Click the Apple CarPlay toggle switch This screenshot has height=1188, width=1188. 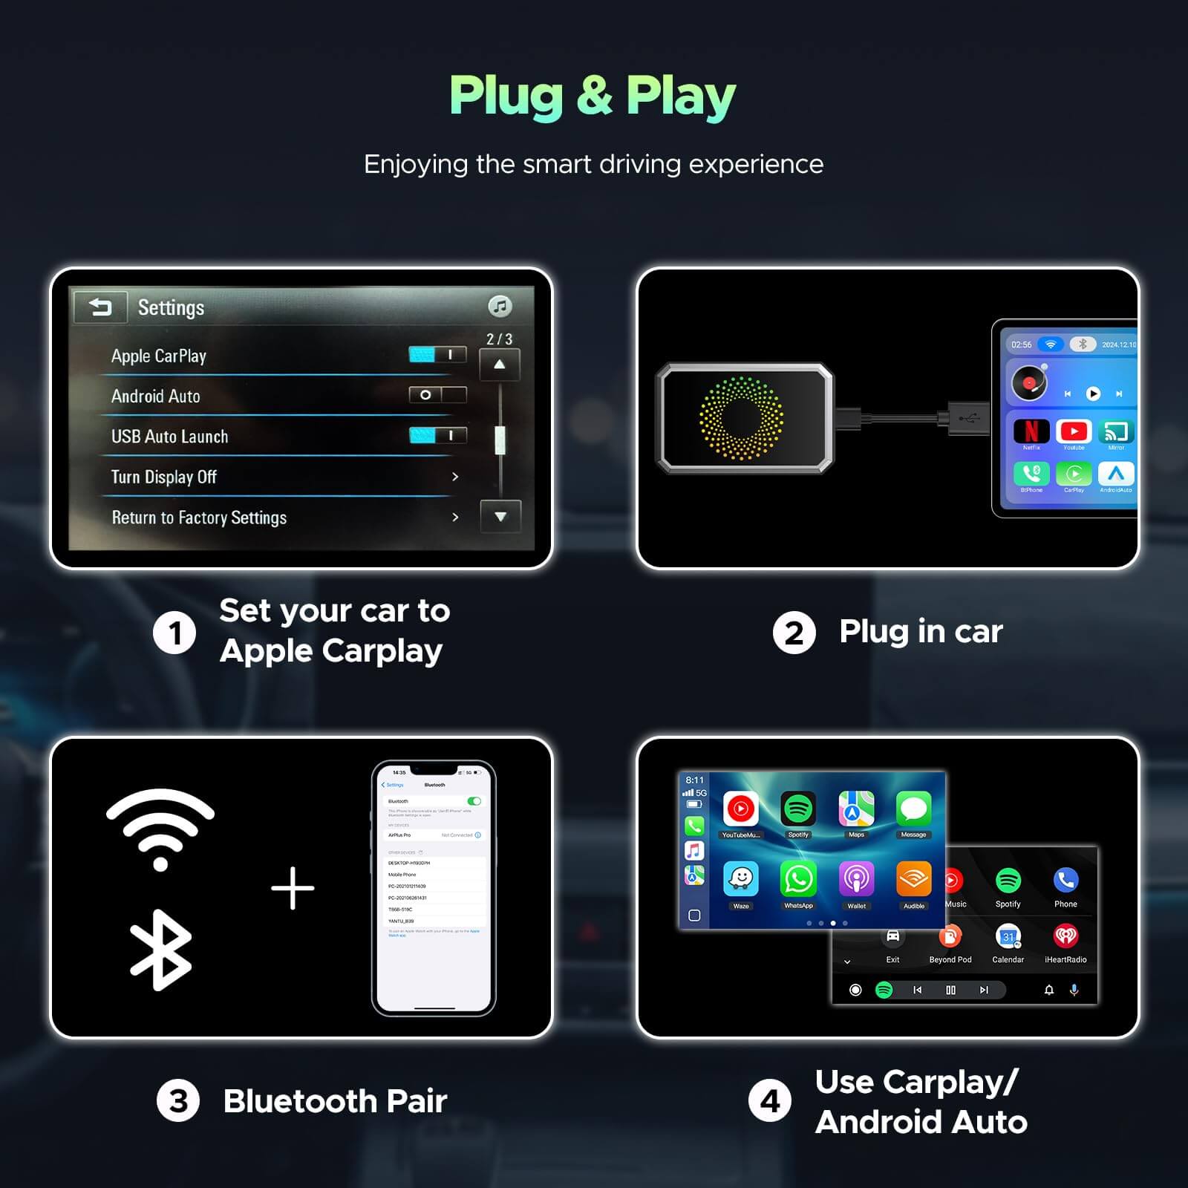[437, 355]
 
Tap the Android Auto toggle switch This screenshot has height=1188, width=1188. [437, 395]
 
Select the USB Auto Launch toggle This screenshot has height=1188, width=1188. [437, 435]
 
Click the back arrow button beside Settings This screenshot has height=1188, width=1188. [100, 307]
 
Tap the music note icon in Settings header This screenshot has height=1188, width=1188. [500, 306]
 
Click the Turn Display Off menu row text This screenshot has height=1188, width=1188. [164, 477]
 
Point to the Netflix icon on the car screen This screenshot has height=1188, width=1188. [1031, 431]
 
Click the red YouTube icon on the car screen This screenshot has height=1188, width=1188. [1074, 431]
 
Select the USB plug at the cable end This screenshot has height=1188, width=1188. [968, 418]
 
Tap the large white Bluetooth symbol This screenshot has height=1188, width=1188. [160, 950]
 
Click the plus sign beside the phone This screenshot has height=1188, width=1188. [293, 888]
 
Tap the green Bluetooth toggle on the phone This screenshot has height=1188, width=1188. [474, 801]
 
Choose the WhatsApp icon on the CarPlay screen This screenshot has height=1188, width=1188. [798, 880]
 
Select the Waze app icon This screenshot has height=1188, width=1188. [741, 880]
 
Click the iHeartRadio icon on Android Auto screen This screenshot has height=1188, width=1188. [1065, 936]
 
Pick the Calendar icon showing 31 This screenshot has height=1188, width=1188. [1008, 937]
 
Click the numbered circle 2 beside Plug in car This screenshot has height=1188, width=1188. [794, 633]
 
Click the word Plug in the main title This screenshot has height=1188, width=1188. [506, 97]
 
